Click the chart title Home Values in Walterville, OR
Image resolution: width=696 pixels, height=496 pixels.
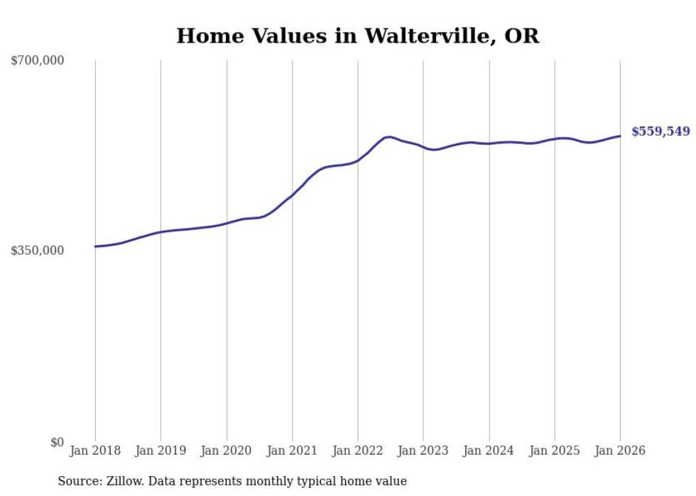(357, 36)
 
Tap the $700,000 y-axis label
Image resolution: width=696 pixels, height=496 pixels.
(38, 61)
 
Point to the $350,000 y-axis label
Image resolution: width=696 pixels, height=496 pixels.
(38, 250)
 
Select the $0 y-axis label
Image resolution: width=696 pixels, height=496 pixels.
(57, 442)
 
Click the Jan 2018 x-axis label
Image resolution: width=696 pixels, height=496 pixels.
(95, 451)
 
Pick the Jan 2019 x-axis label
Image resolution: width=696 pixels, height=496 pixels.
(161, 451)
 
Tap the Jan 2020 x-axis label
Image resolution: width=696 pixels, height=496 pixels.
(227, 451)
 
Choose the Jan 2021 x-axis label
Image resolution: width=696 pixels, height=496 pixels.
(292, 451)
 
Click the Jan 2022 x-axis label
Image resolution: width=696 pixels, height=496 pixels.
(358, 451)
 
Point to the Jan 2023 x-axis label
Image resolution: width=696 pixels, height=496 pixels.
(423, 451)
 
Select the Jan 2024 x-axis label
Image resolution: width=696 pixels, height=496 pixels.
(489, 451)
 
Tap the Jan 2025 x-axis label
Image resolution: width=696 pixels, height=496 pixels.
(555, 451)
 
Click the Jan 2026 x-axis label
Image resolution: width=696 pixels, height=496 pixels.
(620, 451)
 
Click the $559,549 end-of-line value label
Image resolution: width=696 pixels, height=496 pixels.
(660, 131)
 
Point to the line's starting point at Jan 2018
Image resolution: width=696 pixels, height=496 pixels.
(95, 246)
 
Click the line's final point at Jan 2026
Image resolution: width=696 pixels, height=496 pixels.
(620, 136)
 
